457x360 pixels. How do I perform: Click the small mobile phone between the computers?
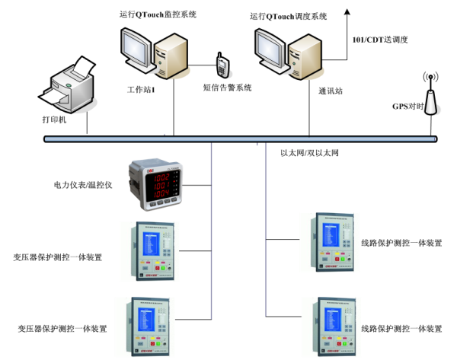pos(222,66)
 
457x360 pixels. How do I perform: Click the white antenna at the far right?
pos(430,103)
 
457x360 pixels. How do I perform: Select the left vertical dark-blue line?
pos(211,228)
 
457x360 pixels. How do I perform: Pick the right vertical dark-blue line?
pos(266,228)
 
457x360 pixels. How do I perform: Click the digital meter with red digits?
pos(155,183)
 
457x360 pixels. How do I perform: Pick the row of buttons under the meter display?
pos(155,203)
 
